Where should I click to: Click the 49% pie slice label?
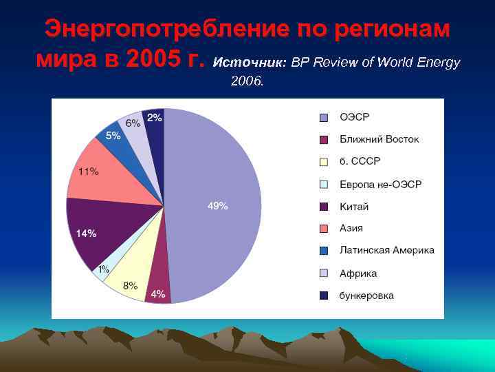pyautogui.click(x=218, y=206)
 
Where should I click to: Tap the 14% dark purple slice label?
pyautogui.click(x=86, y=234)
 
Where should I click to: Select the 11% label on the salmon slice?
pyautogui.click(x=87, y=172)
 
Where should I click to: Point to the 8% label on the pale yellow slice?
pyautogui.click(x=130, y=285)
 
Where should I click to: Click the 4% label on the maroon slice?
pyautogui.click(x=157, y=294)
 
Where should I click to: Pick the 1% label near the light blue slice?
pyautogui.click(x=103, y=269)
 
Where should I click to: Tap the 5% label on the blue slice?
pyautogui.click(x=113, y=136)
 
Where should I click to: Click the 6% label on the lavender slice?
pyautogui.click(x=133, y=123)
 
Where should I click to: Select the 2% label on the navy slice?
pyautogui.click(x=155, y=118)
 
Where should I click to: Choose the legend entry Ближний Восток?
pyautogui.click(x=379, y=139)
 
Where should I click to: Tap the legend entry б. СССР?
pyautogui.click(x=360, y=161)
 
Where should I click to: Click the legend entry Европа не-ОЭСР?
pyautogui.click(x=380, y=184)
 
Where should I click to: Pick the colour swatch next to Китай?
pyautogui.click(x=323, y=207)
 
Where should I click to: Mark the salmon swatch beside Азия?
pyautogui.click(x=323, y=229)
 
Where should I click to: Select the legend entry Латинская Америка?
pyautogui.click(x=386, y=251)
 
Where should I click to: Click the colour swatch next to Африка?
pyautogui.click(x=323, y=273)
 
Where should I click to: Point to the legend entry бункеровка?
pyautogui.click(x=366, y=296)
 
